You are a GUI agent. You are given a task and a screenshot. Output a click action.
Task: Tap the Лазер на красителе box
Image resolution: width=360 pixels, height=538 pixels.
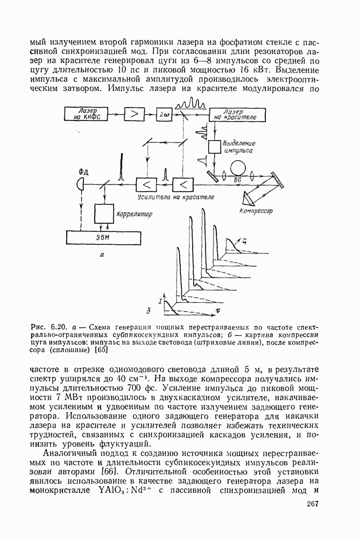tap(235, 114)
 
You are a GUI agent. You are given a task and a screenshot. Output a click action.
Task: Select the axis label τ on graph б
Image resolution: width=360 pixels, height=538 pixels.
tap(217, 310)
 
